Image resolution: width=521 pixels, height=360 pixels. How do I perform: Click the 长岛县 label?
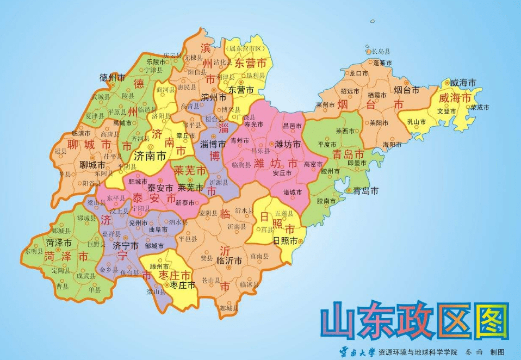(x=381, y=51)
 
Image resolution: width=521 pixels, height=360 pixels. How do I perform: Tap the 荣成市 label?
(x=480, y=107)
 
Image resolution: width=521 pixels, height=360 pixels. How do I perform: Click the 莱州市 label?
(x=325, y=104)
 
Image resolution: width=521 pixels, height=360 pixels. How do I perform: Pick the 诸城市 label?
(x=293, y=192)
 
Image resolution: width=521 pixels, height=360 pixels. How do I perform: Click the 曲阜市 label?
(x=158, y=229)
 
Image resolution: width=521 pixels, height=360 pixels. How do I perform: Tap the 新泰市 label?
(x=185, y=202)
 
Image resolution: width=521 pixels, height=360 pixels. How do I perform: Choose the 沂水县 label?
(x=244, y=210)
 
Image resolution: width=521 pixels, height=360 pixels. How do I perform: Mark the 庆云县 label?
(x=172, y=56)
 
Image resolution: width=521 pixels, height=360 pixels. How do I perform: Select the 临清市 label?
(x=82, y=133)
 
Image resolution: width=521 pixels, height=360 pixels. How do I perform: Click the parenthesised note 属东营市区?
(x=244, y=48)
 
